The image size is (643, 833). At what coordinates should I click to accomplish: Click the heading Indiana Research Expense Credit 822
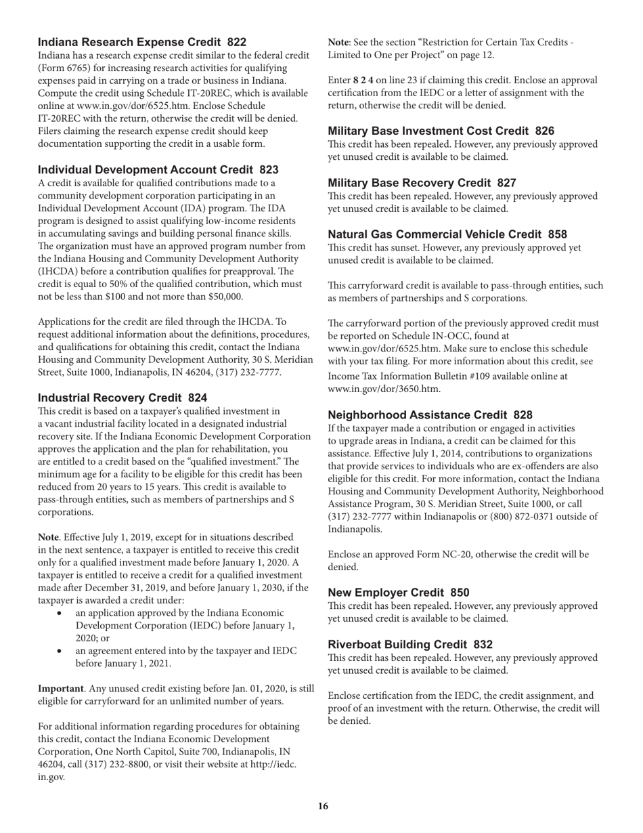(142, 42)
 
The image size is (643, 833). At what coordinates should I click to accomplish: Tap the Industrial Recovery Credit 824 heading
(123, 398)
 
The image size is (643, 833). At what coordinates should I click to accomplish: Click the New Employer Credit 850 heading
(398, 593)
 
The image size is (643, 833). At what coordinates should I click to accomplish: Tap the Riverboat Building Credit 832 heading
(410, 644)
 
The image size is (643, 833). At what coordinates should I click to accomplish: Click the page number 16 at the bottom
(323, 806)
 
